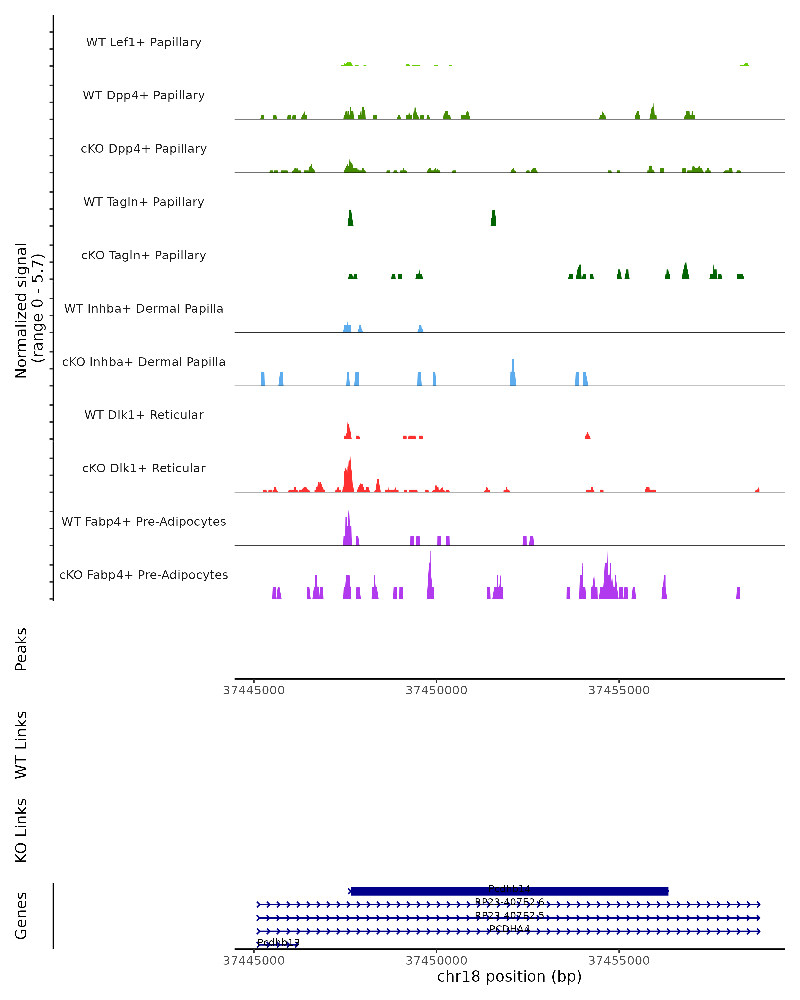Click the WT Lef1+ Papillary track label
(x=144, y=42)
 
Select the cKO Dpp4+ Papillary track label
(x=144, y=149)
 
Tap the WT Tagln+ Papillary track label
(x=144, y=202)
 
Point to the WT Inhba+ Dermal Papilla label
(x=144, y=309)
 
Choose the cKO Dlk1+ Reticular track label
(x=144, y=468)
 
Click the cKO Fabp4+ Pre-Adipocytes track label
(x=144, y=575)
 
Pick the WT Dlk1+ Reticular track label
(x=144, y=415)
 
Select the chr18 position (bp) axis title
(x=509, y=976)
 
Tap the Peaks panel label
(x=21, y=649)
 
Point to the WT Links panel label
(x=21, y=744)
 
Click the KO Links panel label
(x=21, y=830)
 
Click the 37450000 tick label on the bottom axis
(x=436, y=961)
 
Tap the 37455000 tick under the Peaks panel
(x=619, y=690)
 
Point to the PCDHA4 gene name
(x=509, y=929)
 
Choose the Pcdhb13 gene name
(x=278, y=942)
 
